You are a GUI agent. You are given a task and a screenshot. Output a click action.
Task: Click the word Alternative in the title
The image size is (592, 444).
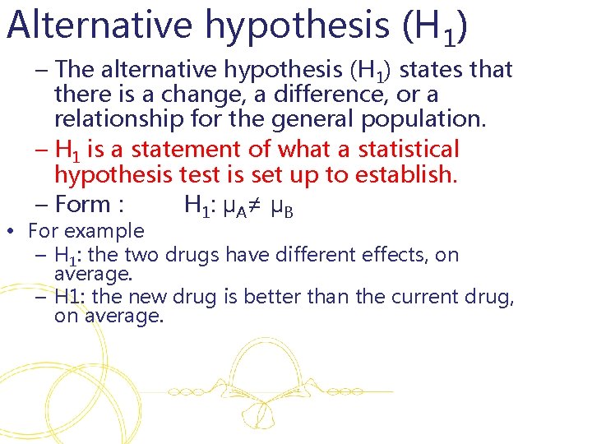100,26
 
